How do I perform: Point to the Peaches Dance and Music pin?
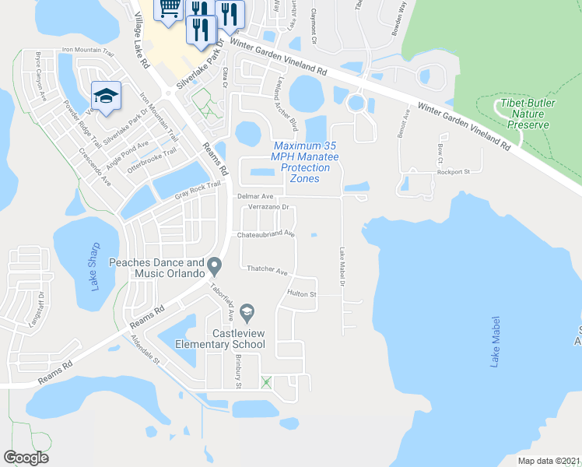(216, 268)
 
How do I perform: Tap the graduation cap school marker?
(105, 95)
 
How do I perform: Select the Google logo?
(26, 458)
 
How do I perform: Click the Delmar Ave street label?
(255, 197)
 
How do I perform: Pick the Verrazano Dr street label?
(268, 208)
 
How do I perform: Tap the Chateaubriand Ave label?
(267, 233)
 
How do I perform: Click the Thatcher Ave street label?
(268, 271)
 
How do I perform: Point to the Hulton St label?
(302, 294)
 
